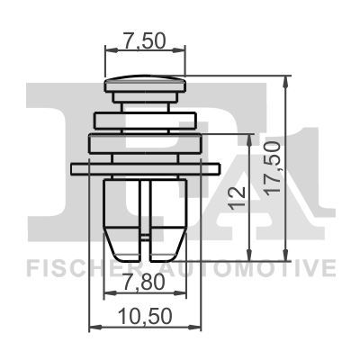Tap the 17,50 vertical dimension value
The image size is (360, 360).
pos(274,167)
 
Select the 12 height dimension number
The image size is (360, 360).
pos(237,197)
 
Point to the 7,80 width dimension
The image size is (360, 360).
pos(145,282)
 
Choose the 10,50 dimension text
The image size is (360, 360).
pos(146,316)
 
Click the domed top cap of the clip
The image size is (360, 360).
pos(145,84)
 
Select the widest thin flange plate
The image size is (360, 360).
pos(146,169)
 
